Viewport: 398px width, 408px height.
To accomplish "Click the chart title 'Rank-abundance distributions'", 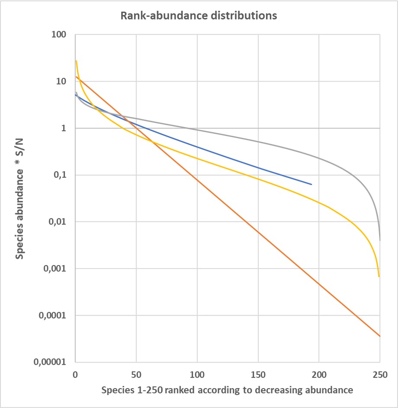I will tap(198, 16).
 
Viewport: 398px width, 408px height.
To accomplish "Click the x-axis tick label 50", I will tap(136, 373).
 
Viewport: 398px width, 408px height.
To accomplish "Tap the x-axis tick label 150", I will tap(258, 373).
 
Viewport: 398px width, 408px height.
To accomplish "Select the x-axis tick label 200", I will tap(319, 373).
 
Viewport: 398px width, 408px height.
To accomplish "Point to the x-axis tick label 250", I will tap(380, 373).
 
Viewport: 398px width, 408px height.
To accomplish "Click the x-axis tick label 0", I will tap(75, 373).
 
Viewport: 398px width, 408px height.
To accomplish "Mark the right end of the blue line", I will tap(311, 185).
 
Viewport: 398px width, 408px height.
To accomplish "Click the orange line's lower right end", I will tap(380, 336).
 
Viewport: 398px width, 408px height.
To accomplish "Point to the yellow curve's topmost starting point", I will tap(76, 61).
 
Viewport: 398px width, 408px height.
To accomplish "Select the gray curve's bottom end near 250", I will tap(380, 240).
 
